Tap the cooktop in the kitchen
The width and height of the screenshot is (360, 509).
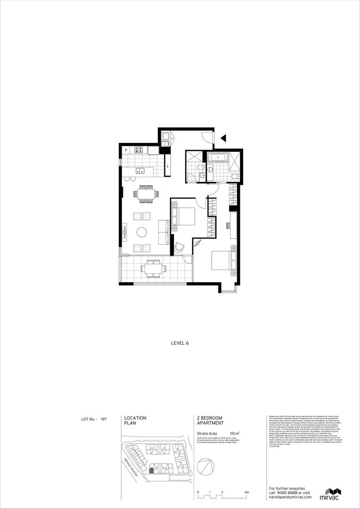click(139, 150)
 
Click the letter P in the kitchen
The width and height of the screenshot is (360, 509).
click(126, 151)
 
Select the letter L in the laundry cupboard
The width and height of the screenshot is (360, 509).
click(167, 166)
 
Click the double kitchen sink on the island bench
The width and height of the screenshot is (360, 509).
click(140, 171)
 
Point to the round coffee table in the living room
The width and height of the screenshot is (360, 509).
click(142, 232)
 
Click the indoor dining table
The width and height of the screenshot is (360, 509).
click(146, 193)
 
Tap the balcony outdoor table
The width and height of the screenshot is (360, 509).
click(153, 269)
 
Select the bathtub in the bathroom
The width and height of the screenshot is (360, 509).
click(217, 157)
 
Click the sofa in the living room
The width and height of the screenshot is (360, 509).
click(164, 232)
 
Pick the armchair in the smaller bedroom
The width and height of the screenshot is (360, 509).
click(180, 247)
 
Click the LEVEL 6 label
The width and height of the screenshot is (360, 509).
click(180, 343)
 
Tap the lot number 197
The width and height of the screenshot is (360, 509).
click(104, 419)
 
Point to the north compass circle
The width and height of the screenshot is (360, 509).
click(206, 467)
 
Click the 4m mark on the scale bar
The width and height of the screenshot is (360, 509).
click(246, 492)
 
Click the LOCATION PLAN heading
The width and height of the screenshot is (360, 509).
click(135, 420)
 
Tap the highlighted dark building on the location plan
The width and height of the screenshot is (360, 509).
click(151, 469)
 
